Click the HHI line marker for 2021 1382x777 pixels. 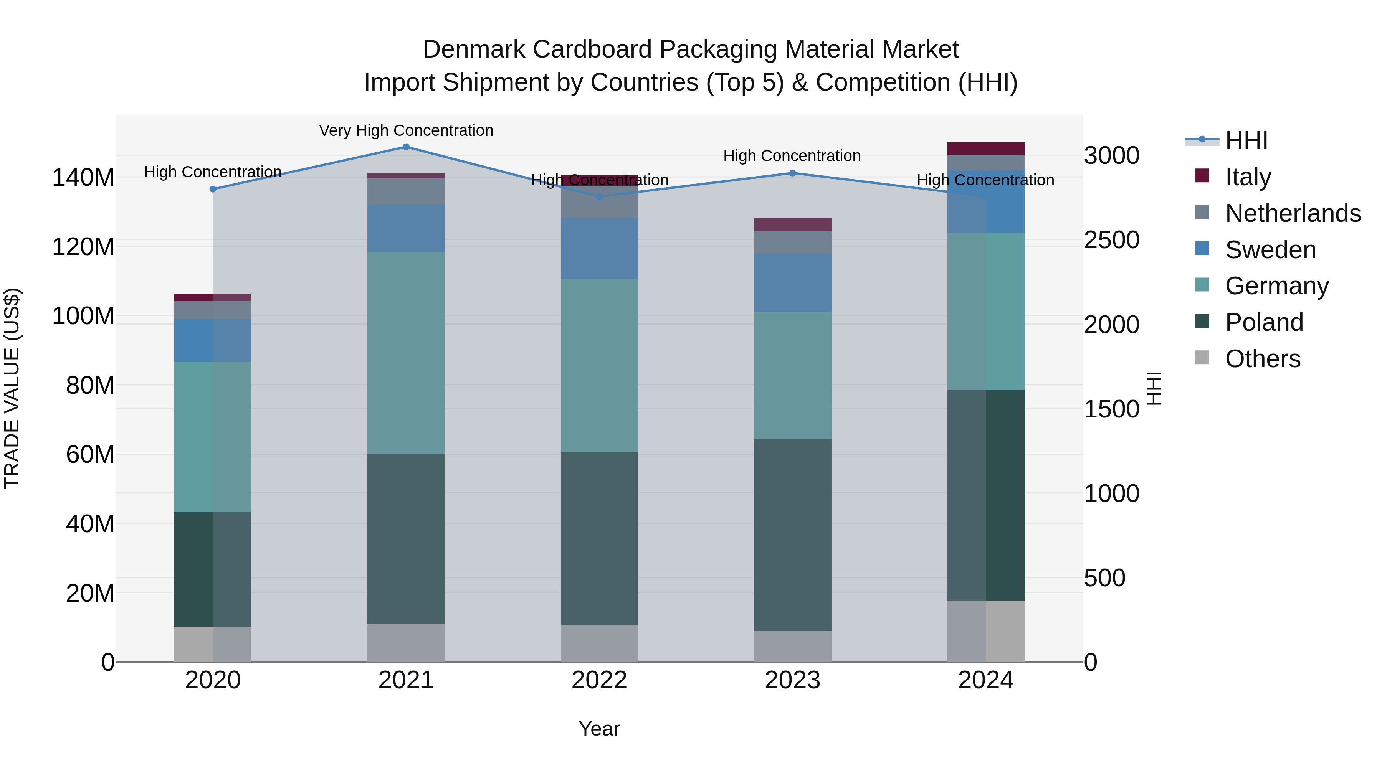406,147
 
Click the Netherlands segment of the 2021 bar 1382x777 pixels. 406,191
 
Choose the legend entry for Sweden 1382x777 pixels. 1270,250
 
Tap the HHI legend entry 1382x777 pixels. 1246,140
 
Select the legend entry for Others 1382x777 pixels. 1262,359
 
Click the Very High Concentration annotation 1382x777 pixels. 406,130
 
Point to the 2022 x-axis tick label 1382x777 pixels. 599,680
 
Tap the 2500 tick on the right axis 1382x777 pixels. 1111,240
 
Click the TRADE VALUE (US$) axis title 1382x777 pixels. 12,388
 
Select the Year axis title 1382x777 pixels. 599,729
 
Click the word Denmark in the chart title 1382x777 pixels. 474,49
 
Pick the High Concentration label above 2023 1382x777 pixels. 792,156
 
